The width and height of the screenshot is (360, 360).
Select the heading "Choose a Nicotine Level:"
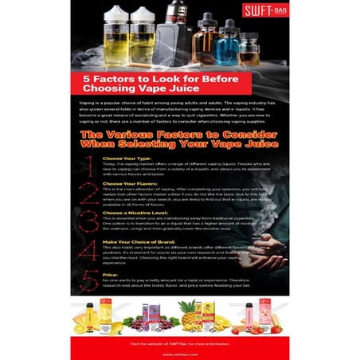[x=134, y=213]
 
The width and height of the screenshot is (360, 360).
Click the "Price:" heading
[x=110, y=274]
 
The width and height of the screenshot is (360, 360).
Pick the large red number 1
[x=88, y=165]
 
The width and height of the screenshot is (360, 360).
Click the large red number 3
[x=88, y=225]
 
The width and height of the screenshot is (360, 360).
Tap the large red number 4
[x=88, y=255]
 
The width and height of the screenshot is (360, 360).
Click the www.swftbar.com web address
[x=180, y=350]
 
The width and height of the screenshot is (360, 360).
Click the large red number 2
[x=88, y=195]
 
